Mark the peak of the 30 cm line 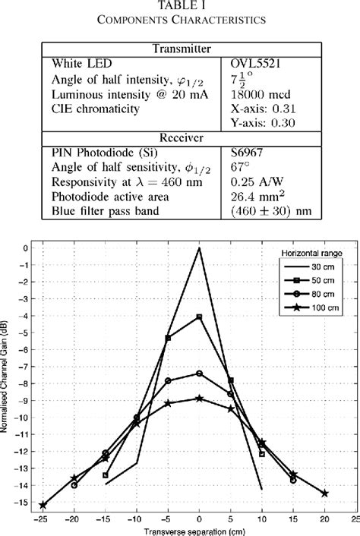199,248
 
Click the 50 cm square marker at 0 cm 199,317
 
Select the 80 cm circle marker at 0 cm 199,373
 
